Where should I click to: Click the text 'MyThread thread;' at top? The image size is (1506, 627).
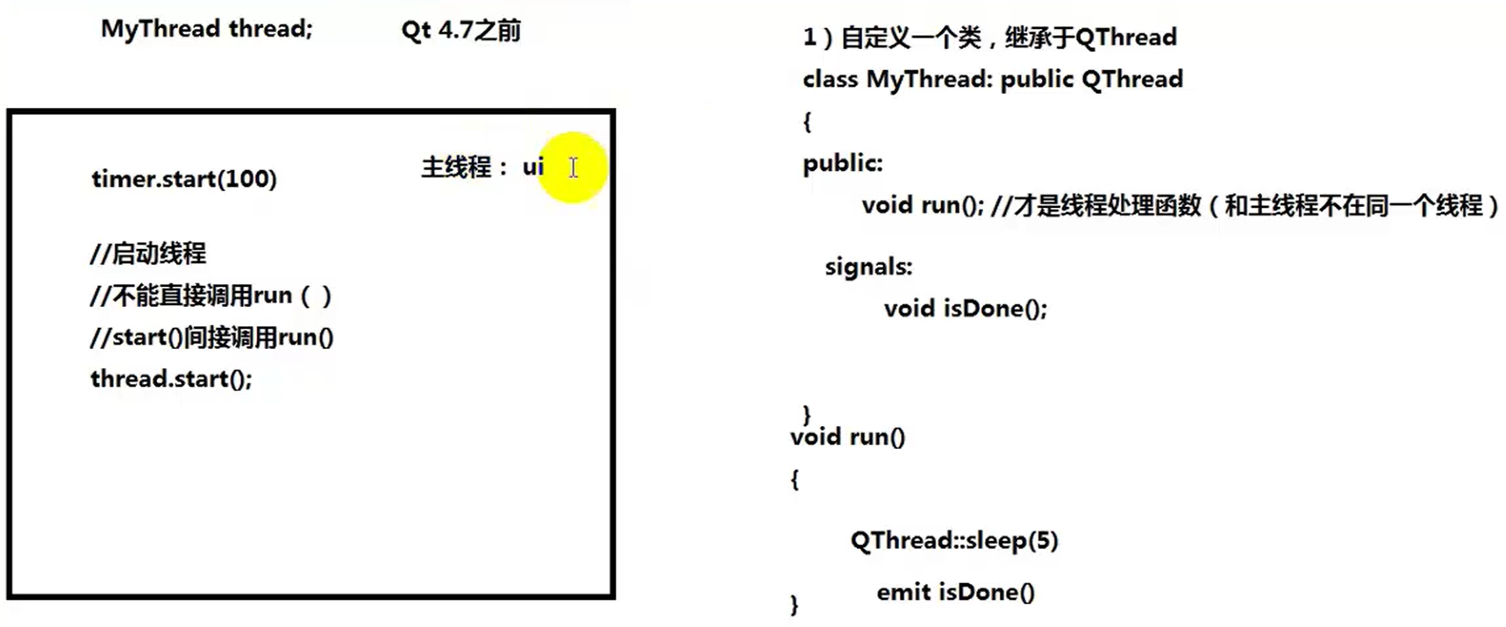point(206,29)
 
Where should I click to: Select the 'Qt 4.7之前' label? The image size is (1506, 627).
point(460,31)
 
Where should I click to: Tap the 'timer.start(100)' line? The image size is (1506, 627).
point(183,179)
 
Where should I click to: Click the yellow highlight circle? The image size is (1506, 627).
point(573,167)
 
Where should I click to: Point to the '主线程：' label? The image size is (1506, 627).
point(464,167)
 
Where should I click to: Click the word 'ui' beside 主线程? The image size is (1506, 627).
point(533,167)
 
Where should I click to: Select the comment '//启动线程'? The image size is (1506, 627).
point(147,253)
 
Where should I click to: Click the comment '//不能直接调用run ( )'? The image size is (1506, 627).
point(211,296)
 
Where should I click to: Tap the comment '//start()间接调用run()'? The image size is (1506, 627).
point(211,338)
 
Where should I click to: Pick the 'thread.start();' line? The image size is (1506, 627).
point(171,379)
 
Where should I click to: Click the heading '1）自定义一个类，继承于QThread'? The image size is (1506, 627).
point(989,37)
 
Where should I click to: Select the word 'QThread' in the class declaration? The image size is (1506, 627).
point(1131,79)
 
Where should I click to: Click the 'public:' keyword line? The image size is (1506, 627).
point(842,163)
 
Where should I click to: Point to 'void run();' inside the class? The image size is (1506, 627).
point(922,205)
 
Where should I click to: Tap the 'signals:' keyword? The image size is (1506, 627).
point(868,267)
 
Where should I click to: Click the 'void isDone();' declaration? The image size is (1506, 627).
point(965,309)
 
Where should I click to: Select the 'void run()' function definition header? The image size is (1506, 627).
point(847,437)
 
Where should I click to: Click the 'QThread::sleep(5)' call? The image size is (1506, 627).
point(953,540)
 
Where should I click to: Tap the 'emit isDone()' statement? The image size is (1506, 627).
point(955,592)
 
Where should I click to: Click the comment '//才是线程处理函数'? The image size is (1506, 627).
point(1096,205)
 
